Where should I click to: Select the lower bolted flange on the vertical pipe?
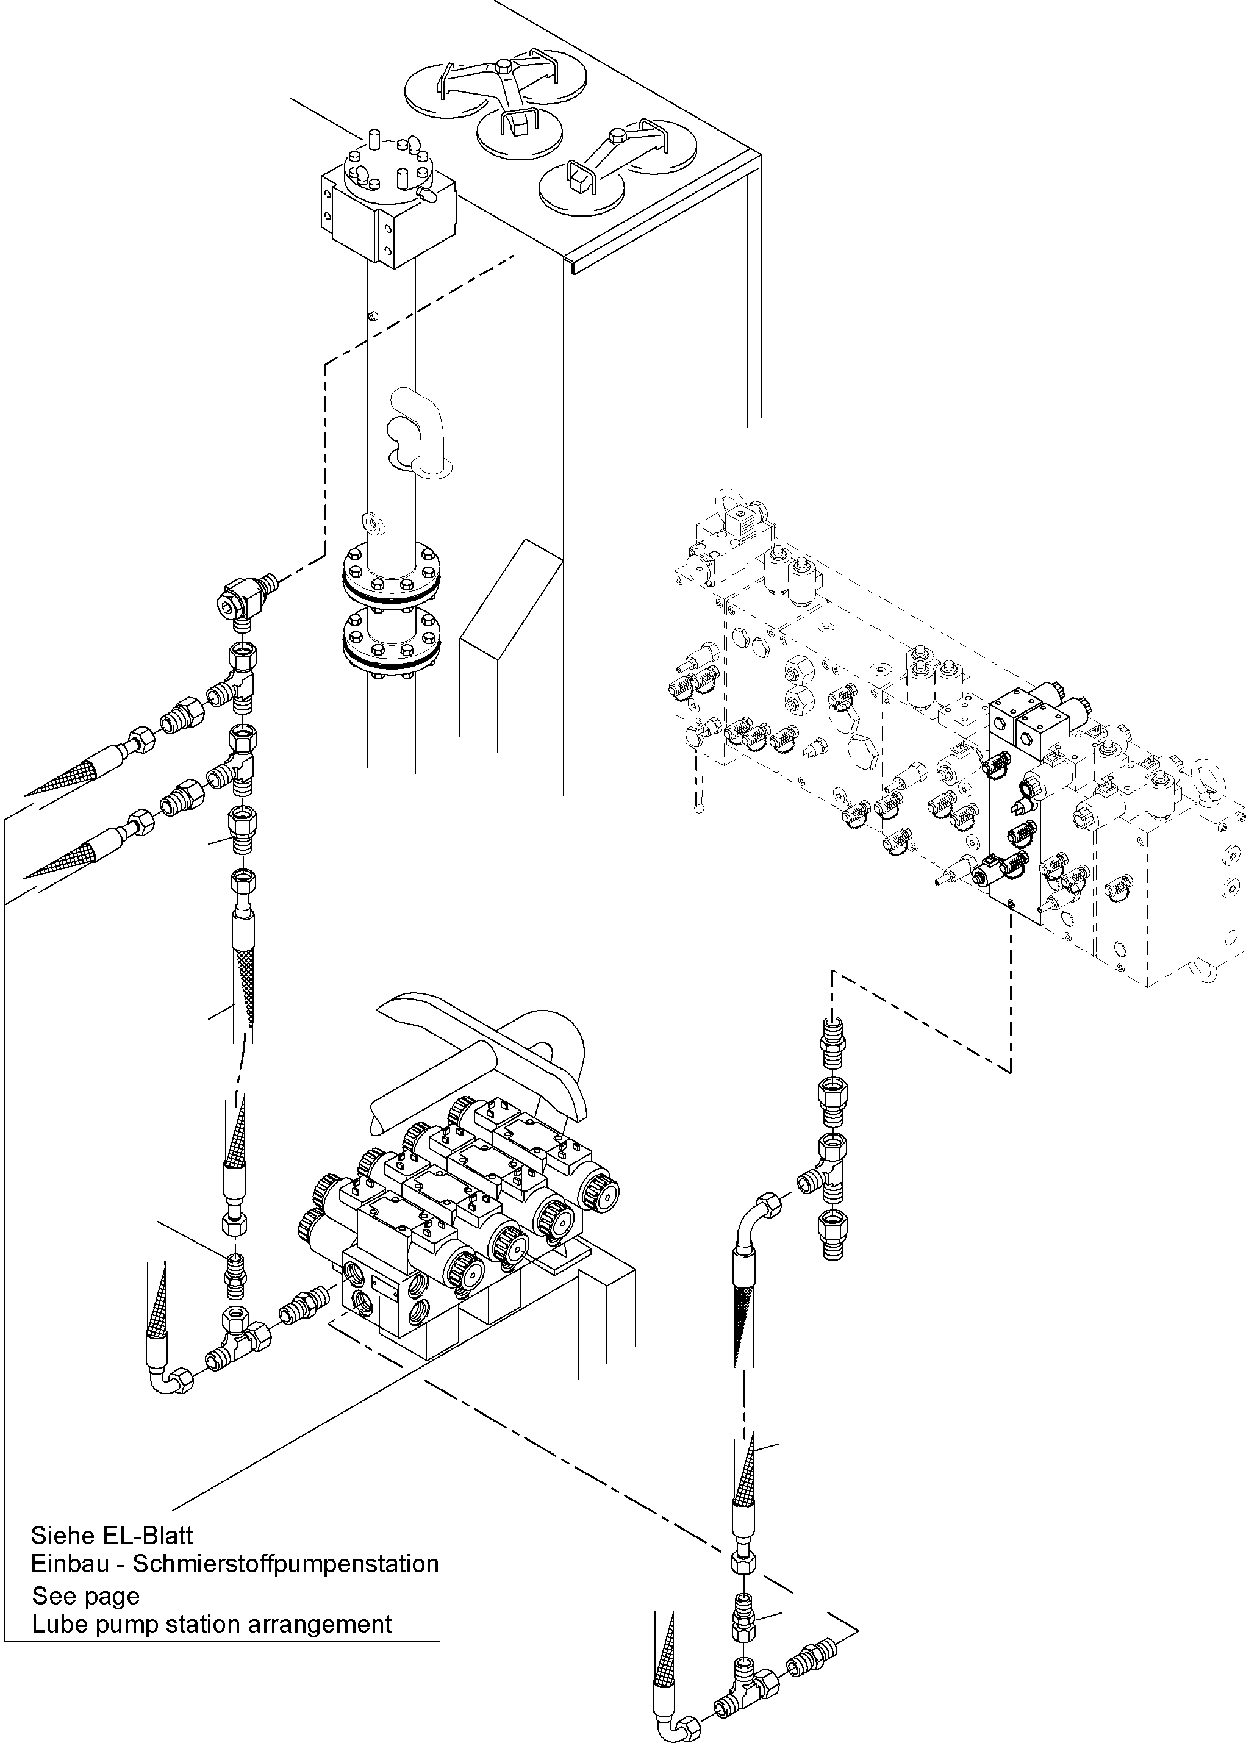click(392, 643)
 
